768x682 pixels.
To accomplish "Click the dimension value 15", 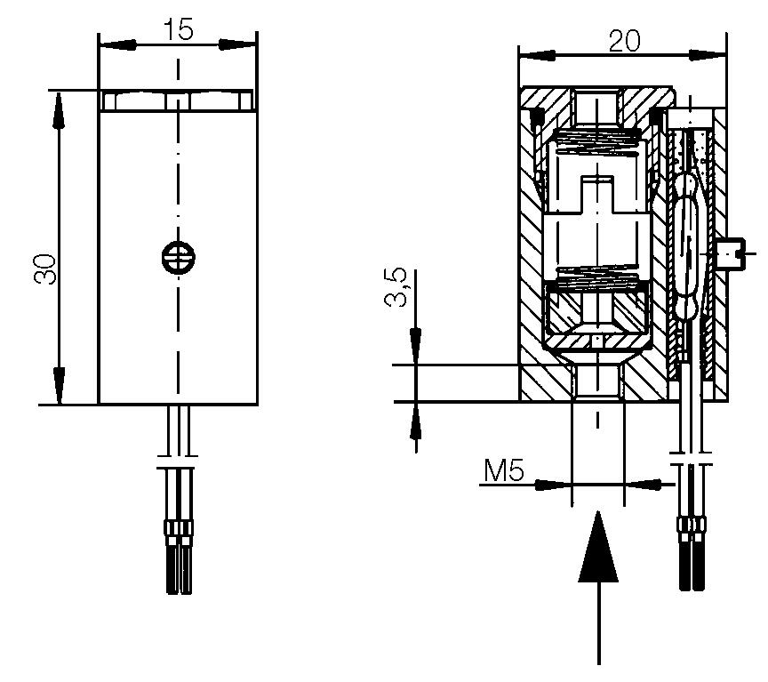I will [179, 30].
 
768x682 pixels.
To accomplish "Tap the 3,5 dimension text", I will [396, 287].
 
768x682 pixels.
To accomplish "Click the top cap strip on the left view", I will [178, 101].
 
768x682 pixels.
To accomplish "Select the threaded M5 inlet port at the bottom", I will [598, 382].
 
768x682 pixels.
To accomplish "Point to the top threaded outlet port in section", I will [597, 108].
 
